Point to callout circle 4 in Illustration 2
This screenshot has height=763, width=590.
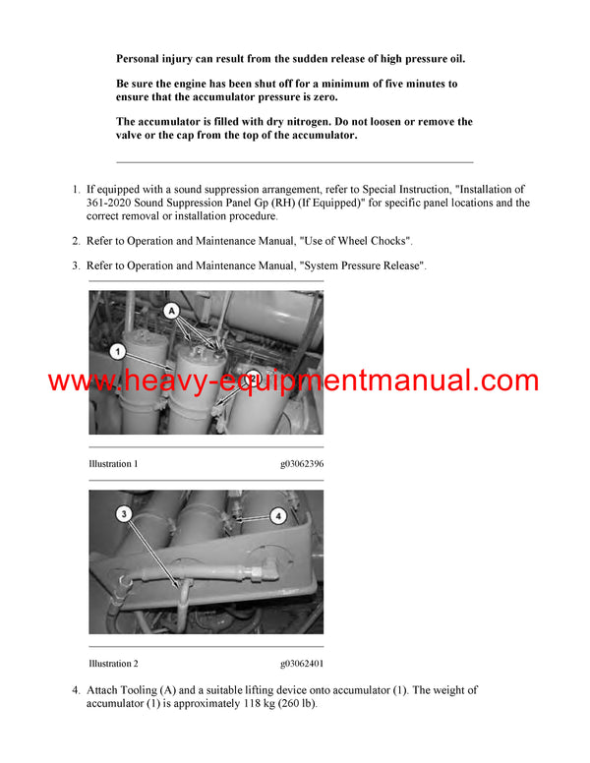coord(277,515)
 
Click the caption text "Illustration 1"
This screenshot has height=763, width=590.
coord(113,463)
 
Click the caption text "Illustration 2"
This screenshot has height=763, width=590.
coord(113,664)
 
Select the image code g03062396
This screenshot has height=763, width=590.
coord(301,463)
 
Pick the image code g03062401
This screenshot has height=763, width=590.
coord(301,664)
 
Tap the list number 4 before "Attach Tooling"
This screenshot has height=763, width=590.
coord(76,690)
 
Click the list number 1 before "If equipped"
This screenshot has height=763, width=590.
coord(76,189)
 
